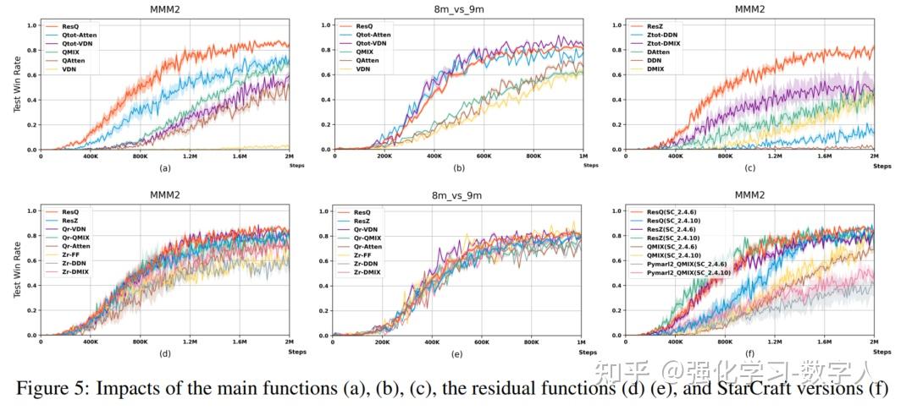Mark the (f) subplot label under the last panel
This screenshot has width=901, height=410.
click(750, 352)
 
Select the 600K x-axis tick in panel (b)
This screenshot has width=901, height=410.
click(484, 157)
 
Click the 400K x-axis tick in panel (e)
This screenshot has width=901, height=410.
click(434, 342)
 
